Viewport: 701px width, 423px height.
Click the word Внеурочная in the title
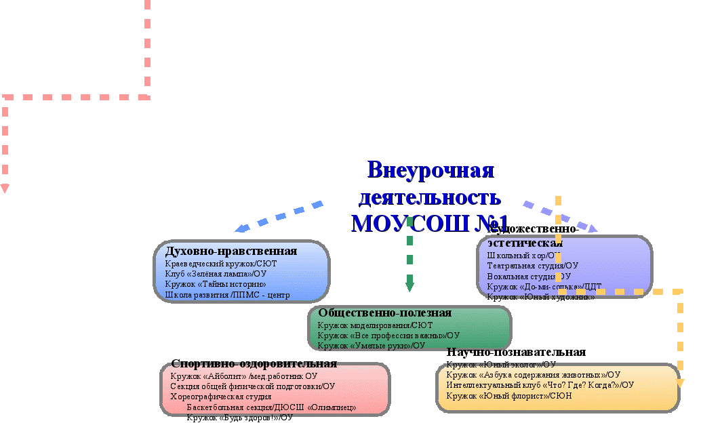pyautogui.click(x=430, y=170)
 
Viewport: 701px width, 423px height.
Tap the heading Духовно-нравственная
pyautogui.click(x=231, y=251)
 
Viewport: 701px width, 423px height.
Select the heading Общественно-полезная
pyautogui.click(x=384, y=313)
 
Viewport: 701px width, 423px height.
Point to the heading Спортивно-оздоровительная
pyautogui.click(x=254, y=364)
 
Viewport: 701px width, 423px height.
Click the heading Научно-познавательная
pyautogui.click(x=516, y=352)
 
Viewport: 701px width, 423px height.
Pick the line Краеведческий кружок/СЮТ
pyautogui.click(x=221, y=264)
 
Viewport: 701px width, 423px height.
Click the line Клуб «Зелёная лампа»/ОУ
pyautogui.click(x=216, y=274)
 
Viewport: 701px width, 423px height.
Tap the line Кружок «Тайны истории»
pyautogui.click(x=216, y=284)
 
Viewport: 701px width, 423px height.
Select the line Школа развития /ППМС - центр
pyautogui.click(x=227, y=294)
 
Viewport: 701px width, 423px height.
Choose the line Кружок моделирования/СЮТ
pyautogui.click(x=375, y=325)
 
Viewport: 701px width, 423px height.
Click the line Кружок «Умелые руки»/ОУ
pyautogui.click(x=371, y=346)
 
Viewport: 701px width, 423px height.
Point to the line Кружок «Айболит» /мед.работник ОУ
pyautogui.click(x=244, y=376)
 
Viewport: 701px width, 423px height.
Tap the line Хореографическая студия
pyautogui.click(x=220, y=397)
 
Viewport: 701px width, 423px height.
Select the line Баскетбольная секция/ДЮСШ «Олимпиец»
pyautogui.click(x=271, y=407)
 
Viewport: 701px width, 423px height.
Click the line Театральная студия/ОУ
pyautogui.click(x=532, y=266)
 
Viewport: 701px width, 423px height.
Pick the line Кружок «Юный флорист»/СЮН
pyautogui.click(x=509, y=395)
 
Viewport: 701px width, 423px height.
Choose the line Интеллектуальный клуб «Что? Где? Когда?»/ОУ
pyautogui.click(x=540, y=385)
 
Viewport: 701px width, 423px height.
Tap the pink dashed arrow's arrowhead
pyautogui.click(x=4, y=188)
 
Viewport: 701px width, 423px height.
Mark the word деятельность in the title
pyautogui.click(x=430, y=197)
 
